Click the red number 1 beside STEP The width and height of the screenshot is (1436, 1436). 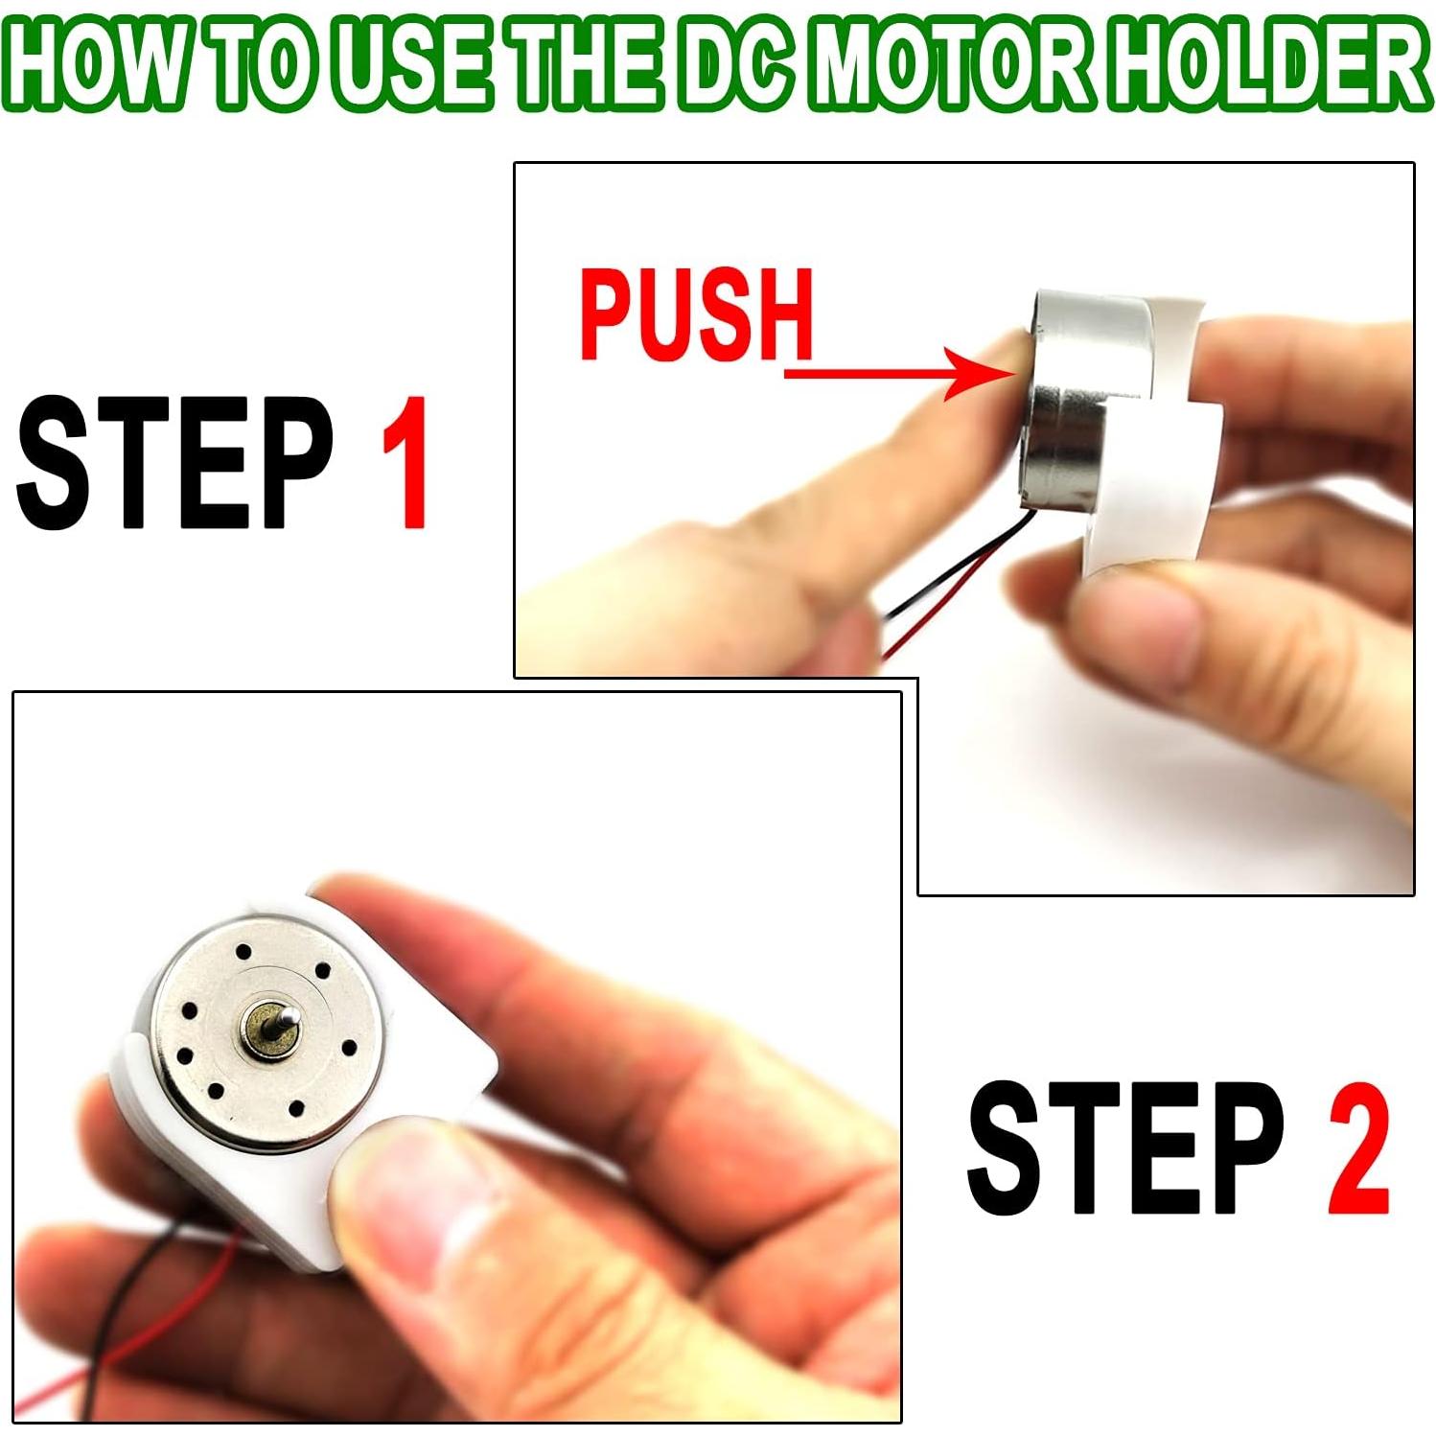coord(405,462)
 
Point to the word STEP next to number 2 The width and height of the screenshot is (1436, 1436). coord(1125,1148)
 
